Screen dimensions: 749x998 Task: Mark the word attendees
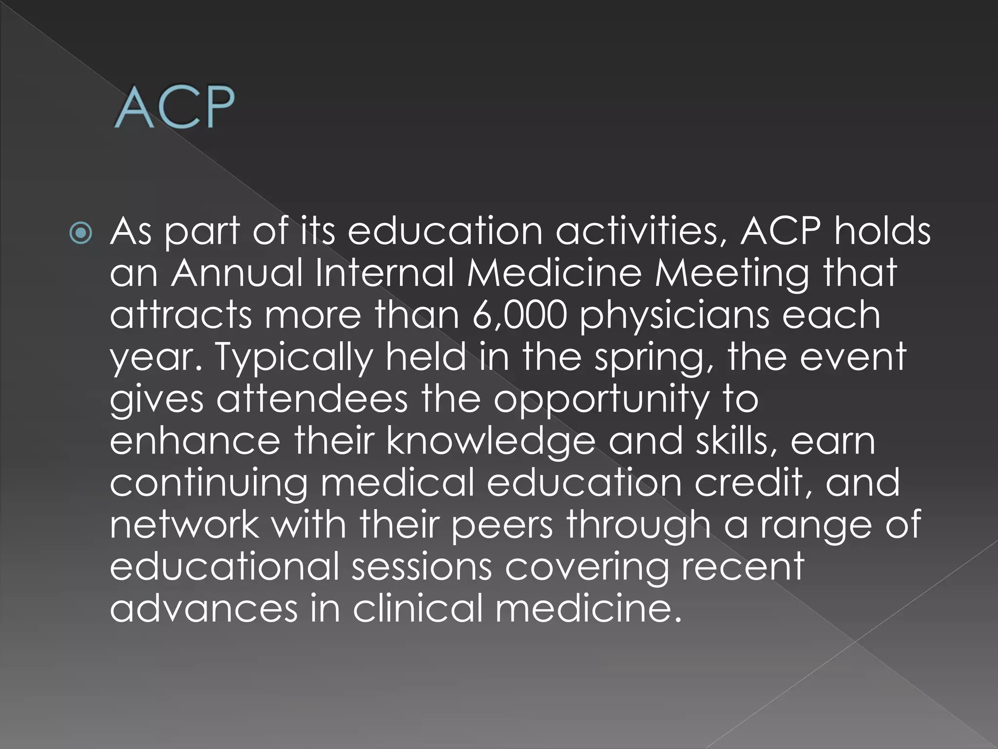(x=312, y=399)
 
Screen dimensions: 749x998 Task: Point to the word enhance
(x=195, y=441)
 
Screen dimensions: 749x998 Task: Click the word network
(x=184, y=525)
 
